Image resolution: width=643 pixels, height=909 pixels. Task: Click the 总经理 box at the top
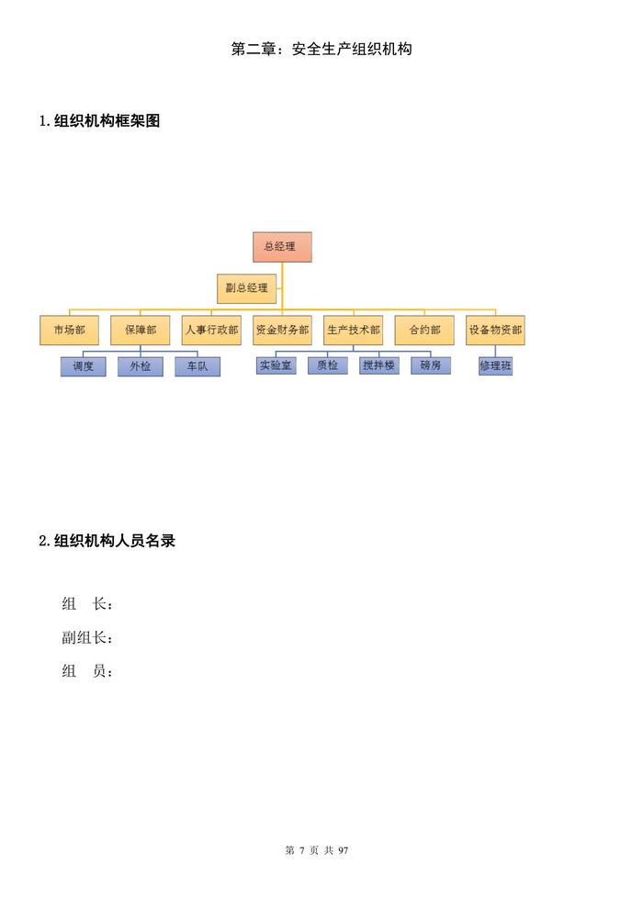282,247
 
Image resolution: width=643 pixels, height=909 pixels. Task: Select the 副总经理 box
247,287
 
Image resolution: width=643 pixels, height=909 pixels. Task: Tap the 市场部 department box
69,330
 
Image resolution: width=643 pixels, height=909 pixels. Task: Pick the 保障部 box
141,330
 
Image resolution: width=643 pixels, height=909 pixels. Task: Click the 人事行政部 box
211,330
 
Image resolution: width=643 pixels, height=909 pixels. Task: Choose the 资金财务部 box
282,330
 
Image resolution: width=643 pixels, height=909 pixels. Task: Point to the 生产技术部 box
354,330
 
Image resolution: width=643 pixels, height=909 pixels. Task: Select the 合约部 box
424,330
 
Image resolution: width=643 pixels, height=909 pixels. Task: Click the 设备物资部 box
495,330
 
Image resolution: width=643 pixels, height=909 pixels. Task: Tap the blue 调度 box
84,366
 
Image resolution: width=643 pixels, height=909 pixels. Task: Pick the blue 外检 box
141,366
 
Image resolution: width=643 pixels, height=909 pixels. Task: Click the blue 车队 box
197,366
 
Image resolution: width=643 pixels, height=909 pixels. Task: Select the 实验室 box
276,365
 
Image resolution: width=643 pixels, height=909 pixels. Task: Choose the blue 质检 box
328,365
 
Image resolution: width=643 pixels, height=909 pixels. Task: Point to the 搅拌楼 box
378,365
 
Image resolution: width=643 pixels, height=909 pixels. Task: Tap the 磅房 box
431,365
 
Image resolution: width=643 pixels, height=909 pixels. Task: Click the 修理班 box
495,366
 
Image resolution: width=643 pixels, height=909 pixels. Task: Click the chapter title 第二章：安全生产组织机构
321,49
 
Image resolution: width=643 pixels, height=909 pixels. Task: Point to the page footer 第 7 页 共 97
318,850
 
